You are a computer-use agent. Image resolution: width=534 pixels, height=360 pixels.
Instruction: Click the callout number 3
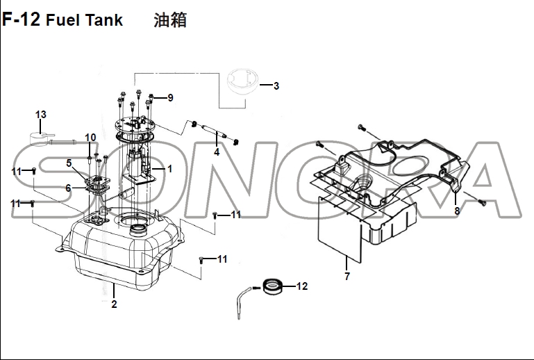[276, 86]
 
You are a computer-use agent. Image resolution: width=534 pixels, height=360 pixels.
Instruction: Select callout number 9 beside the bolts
[170, 98]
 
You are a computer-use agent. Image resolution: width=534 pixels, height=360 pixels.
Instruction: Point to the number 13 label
[41, 115]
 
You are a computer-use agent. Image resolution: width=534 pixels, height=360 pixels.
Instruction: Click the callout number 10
[90, 138]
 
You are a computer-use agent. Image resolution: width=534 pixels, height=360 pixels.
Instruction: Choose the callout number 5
[69, 163]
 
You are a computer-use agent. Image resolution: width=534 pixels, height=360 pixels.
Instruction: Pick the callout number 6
[69, 188]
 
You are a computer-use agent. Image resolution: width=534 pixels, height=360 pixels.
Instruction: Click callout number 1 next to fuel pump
[169, 168]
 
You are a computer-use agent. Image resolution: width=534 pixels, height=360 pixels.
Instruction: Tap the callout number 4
[217, 152]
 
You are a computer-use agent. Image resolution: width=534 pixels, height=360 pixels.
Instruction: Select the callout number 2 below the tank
[114, 304]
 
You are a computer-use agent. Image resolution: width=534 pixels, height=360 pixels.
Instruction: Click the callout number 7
[347, 276]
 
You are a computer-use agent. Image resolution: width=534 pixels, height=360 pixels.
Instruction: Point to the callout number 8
[457, 211]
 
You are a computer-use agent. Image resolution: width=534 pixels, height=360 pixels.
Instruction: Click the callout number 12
[302, 286]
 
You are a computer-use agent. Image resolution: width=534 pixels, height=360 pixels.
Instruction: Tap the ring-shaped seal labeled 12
[274, 286]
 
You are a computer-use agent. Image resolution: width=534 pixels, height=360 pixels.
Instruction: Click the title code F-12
[21, 19]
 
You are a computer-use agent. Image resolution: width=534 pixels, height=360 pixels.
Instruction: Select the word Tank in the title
[104, 19]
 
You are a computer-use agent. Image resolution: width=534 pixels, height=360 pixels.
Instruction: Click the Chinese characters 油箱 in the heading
[170, 19]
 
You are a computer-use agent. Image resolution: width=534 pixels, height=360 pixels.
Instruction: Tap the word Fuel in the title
[63, 19]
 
